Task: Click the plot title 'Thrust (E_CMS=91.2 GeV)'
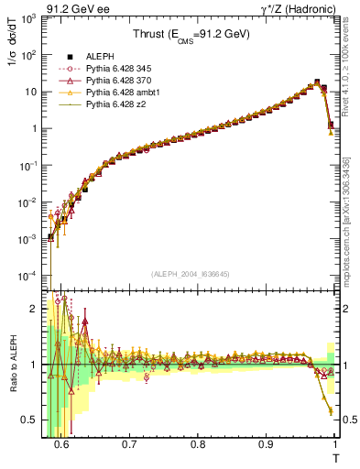192,36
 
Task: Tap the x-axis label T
335,457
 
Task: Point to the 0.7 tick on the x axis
129,444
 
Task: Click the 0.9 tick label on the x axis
266,444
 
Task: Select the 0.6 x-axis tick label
61,444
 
